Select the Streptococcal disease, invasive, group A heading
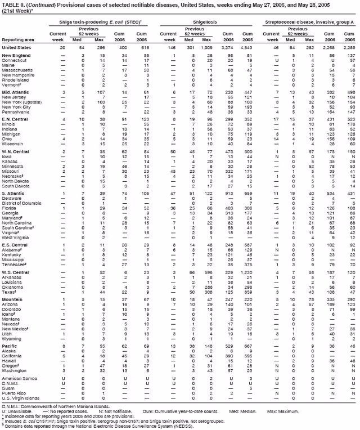coord(310,21)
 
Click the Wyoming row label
coord(13,339)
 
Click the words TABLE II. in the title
coord(13,5)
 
